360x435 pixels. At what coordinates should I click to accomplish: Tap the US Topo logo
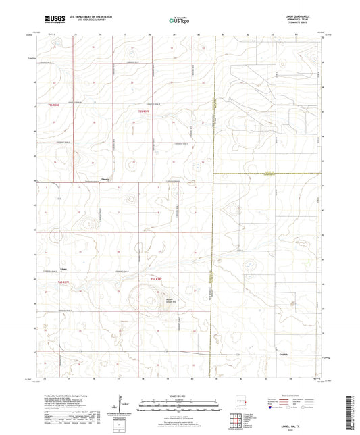(179, 21)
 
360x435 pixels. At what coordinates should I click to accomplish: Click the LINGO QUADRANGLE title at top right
(305, 16)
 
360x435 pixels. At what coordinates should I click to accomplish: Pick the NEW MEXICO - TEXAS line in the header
(305, 20)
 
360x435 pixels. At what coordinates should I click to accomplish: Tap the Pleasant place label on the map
(97, 179)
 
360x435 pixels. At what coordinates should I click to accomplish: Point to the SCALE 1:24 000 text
(179, 395)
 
